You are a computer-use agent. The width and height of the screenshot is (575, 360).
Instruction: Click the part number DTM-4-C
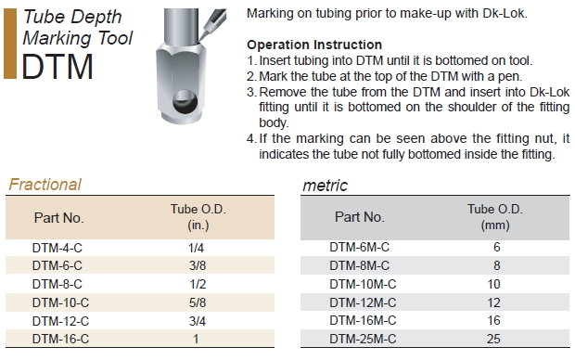(x=57, y=248)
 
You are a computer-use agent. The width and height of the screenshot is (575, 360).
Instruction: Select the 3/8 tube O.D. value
(x=198, y=265)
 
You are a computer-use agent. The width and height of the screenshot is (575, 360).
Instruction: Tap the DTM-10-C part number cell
(x=60, y=302)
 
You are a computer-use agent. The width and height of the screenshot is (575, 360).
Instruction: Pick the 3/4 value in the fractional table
(x=198, y=321)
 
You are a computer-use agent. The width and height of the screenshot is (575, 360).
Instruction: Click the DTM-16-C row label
(x=60, y=339)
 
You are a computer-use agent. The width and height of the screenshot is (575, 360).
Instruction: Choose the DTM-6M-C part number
(x=360, y=248)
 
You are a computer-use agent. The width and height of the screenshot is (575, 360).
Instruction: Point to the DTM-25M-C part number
(x=363, y=339)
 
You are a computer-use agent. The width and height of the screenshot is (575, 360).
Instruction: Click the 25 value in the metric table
(x=493, y=339)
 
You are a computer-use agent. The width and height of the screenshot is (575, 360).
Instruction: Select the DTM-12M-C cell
(x=363, y=302)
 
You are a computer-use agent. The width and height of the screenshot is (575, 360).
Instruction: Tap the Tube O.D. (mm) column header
(x=495, y=217)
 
